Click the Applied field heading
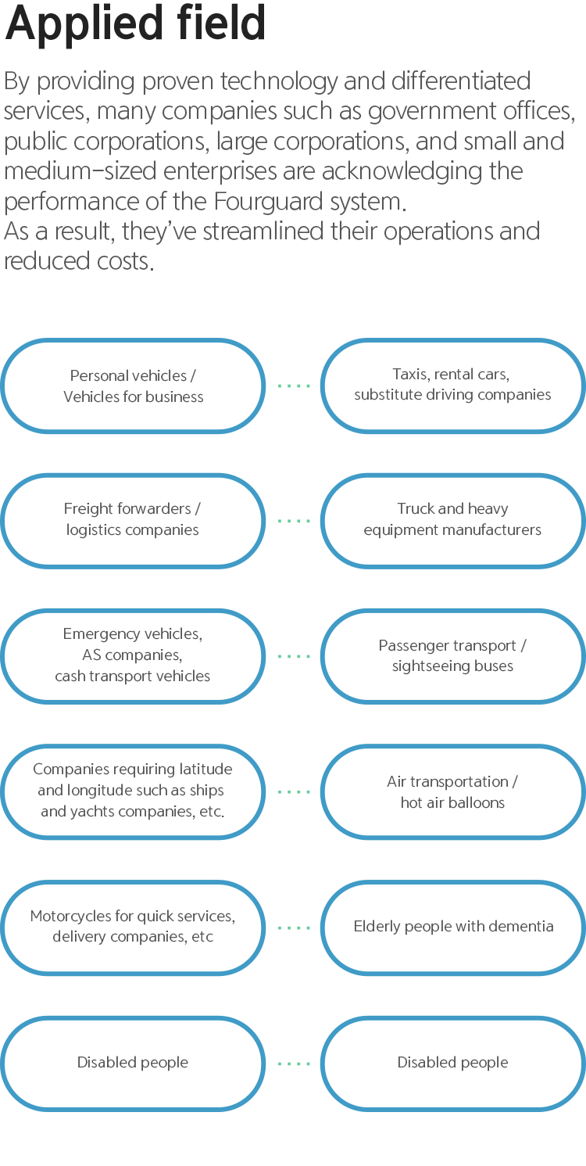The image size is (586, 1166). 135,23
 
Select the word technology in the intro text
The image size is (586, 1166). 278,82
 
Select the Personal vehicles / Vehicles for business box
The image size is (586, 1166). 133,386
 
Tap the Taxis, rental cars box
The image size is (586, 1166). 453,386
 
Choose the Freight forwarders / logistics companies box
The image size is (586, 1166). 133,521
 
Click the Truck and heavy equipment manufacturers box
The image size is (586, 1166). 453,521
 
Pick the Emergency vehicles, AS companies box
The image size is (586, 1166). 133,656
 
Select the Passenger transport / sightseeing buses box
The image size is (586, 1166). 453,656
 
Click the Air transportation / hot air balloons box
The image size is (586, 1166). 453,791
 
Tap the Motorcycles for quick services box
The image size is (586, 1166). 133,927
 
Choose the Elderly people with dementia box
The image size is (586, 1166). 453,927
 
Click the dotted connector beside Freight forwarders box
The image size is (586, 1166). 294,521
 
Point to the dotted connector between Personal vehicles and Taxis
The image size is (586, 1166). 294,386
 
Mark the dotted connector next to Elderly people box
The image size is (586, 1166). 294,927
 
